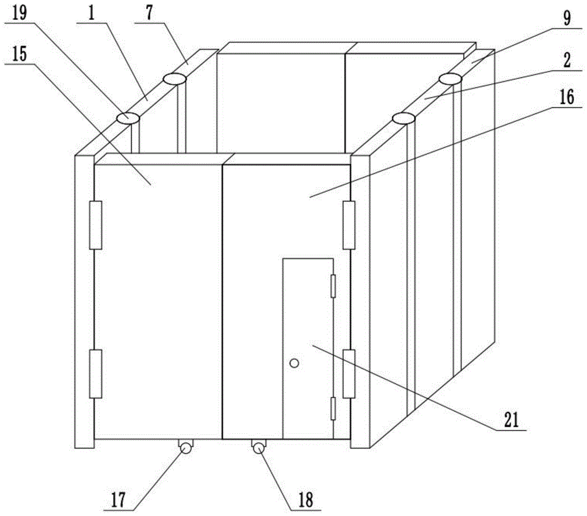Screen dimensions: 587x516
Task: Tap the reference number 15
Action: coord(19,54)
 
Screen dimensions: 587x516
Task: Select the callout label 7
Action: coord(149,13)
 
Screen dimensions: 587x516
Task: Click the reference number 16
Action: coord(567,97)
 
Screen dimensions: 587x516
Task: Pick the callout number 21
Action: coord(511,420)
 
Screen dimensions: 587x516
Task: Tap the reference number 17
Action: coord(119,500)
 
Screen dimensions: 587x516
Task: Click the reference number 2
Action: coord(568,60)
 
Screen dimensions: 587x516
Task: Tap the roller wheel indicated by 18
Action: coord(259,447)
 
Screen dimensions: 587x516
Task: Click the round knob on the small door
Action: coord(295,363)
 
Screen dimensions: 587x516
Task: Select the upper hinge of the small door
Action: coord(333,286)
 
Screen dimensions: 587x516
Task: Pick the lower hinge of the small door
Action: coord(333,409)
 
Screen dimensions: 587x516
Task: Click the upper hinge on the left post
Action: coord(96,225)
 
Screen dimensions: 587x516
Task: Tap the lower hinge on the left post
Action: coord(96,374)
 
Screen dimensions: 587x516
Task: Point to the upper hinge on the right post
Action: coord(349,225)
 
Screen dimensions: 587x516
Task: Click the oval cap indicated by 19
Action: coord(127,119)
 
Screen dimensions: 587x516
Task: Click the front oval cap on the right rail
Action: coord(404,119)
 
